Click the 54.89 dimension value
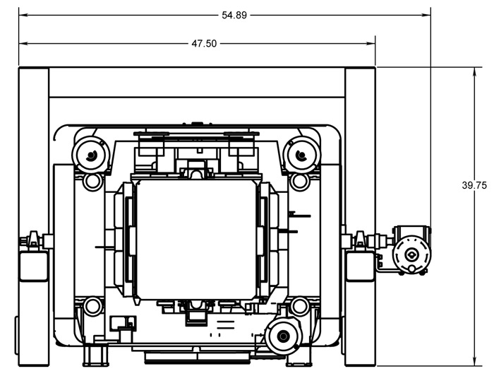tap(233, 15)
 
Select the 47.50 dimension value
tap(205, 43)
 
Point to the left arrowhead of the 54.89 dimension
tap(22, 15)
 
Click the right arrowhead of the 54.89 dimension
tap(428, 15)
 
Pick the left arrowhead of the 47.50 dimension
tap(22, 43)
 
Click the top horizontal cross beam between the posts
tap(196, 82)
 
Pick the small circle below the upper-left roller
tap(92, 182)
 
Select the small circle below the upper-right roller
tap(299, 182)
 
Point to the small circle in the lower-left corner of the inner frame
tap(92, 307)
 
